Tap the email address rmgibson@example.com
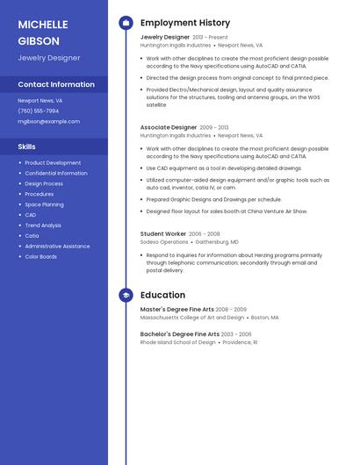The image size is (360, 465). [48, 121]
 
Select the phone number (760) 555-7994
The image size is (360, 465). [39, 111]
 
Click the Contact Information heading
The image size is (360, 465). [56, 84]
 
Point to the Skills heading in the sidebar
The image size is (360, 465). [27, 147]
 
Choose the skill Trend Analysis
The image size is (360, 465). [43, 225]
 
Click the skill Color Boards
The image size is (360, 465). [40, 257]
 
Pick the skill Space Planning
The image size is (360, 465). [44, 204]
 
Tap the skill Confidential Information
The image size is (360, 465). [56, 173]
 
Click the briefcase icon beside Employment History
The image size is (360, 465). [126, 23]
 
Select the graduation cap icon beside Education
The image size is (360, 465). [126, 296]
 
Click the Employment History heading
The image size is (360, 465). [185, 23]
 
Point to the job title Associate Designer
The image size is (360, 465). [169, 127]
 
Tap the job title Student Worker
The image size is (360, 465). [163, 234]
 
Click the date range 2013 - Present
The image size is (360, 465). [210, 38]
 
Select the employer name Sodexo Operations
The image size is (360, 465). [164, 242]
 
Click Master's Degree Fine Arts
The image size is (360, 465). [176, 310]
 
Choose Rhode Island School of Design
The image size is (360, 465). [177, 342]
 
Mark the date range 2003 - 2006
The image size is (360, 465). [236, 334]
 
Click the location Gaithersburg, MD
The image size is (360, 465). [217, 242]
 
